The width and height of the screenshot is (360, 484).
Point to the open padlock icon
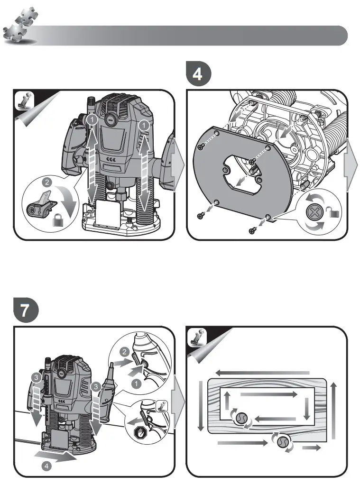[334, 214]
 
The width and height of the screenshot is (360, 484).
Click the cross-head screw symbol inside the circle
[314, 212]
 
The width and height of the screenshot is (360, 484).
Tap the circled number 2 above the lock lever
[47, 182]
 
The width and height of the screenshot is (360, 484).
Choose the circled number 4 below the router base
[46, 466]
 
